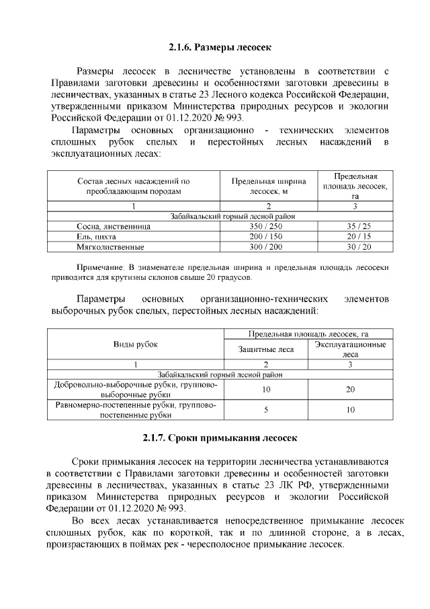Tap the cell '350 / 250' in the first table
(x=268, y=227)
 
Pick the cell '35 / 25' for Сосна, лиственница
(x=354, y=227)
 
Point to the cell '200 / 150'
(x=268, y=237)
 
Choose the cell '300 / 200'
(x=268, y=247)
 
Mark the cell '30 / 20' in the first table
(x=354, y=247)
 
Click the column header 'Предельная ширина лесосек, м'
(x=268, y=186)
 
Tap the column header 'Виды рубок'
(x=134, y=344)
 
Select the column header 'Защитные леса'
(x=266, y=349)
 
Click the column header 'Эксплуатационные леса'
(x=350, y=349)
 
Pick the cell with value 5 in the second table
(x=266, y=409)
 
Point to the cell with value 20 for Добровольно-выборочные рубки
(x=350, y=390)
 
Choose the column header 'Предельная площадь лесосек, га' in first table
(x=354, y=186)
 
